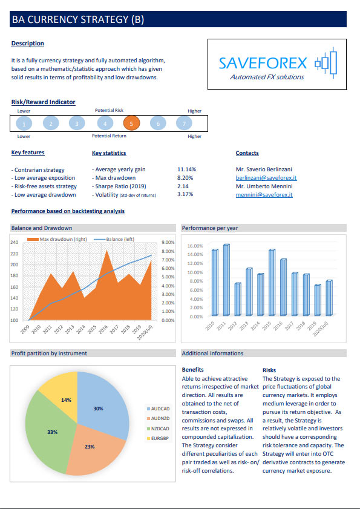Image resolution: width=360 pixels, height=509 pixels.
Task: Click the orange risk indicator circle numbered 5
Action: click(131, 123)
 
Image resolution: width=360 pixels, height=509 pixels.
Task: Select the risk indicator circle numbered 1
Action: click(24, 123)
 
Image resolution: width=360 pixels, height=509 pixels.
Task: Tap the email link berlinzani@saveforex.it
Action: click(266, 178)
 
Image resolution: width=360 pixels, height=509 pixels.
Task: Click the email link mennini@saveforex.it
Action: click(264, 195)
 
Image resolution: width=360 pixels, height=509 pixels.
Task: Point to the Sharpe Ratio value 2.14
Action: click(183, 186)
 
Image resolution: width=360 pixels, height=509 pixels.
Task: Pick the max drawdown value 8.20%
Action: click(185, 178)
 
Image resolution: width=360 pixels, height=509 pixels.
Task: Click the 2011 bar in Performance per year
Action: click(226, 280)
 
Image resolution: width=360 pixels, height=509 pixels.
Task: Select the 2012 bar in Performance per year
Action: click(238, 300)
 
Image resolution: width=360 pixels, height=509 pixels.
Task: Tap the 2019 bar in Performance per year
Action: click(318, 300)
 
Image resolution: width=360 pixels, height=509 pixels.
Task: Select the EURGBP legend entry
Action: click(158, 439)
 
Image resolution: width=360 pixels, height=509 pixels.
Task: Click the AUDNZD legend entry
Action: click(159, 419)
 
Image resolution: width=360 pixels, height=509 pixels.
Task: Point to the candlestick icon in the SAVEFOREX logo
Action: click(326, 63)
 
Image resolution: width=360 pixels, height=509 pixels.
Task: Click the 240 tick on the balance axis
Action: click(15, 242)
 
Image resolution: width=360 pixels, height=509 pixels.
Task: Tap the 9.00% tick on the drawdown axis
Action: click(168, 243)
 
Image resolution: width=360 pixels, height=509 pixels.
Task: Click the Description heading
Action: click(28, 43)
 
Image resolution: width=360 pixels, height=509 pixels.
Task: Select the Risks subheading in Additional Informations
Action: click(269, 370)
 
